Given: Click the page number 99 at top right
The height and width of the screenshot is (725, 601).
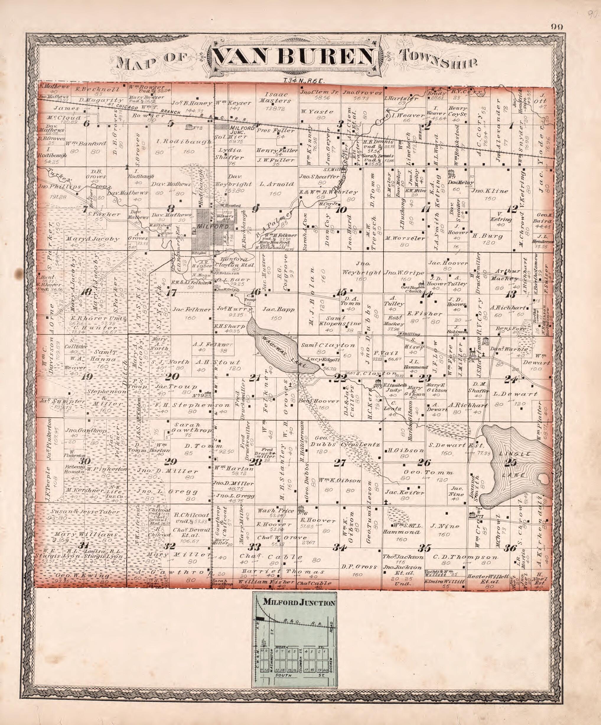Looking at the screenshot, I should point(557,27).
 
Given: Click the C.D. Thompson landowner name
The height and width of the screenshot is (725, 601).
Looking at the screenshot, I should point(465,557).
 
